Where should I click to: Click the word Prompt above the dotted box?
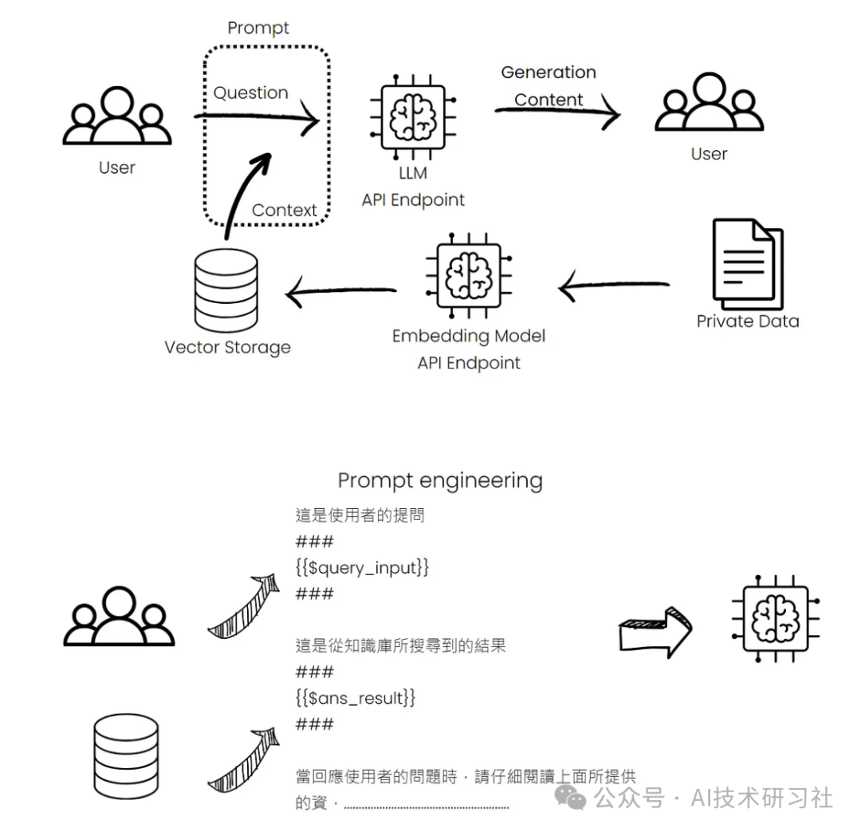pos(258,28)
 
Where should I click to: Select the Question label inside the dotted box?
pos(250,93)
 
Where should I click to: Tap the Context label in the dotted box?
pos(285,211)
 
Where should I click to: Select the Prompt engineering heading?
pos(440,480)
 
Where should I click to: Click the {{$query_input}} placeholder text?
pos(363,567)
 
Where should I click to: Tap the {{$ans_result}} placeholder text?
pos(356,698)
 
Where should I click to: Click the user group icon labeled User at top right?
pos(709,104)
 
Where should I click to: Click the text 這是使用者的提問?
pos(360,515)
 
